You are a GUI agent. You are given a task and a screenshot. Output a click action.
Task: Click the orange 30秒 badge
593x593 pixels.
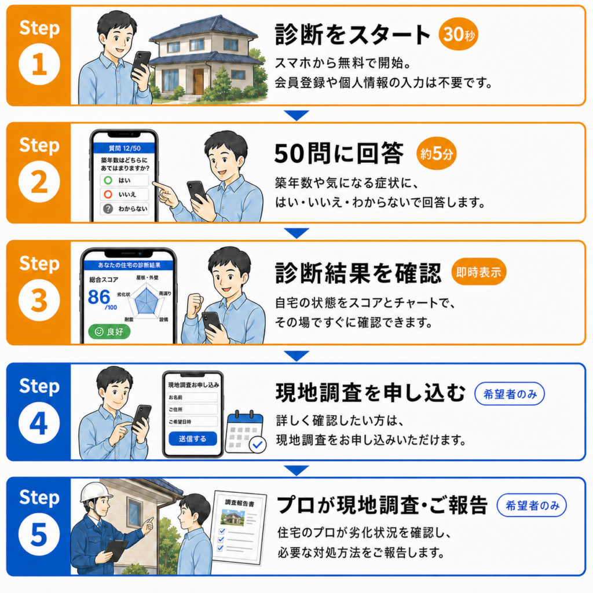(459, 34)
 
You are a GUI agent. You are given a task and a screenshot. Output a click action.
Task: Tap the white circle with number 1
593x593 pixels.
(39, 64)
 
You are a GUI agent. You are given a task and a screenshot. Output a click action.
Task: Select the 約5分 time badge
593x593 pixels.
(437, 153)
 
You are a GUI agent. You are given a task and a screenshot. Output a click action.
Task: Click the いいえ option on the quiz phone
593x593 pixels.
(125, 195)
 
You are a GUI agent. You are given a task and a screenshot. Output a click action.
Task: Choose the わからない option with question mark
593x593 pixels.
(125, 208)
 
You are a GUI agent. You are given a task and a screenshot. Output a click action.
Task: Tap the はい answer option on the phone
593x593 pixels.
(125, 181)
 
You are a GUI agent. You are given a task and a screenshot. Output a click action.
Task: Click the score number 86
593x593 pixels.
(98, 297)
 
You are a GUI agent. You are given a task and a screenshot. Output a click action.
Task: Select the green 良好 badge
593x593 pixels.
(109, 332)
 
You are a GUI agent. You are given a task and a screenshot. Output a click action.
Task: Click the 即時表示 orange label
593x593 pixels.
(479, 272)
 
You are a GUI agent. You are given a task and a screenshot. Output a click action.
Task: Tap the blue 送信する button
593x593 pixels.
(193, 439)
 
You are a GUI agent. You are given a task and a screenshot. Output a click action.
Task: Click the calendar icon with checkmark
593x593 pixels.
(246, 432)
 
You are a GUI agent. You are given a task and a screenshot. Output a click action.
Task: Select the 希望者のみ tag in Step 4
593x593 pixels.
(510, 394)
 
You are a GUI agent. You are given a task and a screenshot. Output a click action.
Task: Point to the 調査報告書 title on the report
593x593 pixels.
(240, 503)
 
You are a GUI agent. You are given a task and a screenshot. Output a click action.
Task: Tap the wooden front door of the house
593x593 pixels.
(198, 82)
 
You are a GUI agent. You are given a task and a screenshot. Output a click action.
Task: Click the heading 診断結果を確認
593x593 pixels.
(358, 273)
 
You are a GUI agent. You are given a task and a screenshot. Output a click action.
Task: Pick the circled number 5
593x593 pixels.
(39, 535)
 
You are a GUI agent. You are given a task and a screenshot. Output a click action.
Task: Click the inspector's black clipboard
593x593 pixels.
(116, 550)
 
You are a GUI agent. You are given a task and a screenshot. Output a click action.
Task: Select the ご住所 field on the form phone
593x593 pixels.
(193, 409)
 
